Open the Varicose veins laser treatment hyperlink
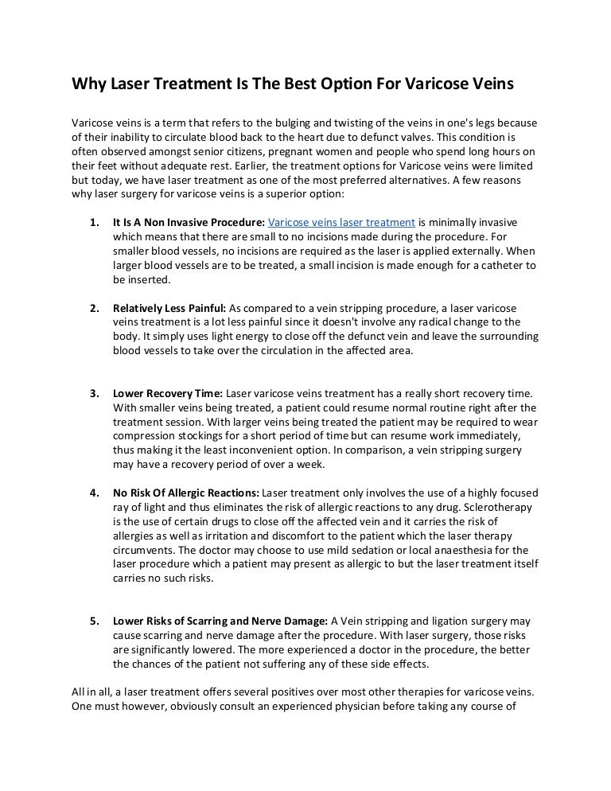[342, 223]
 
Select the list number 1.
[94, 223]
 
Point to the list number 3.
[94, 393]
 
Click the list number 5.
[94, 621]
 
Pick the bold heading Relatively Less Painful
[169, 308]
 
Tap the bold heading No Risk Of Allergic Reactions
[186, 493]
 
